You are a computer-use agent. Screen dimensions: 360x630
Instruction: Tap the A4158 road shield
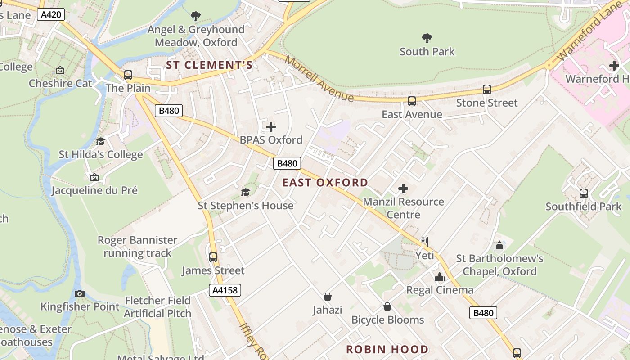pyautogui.click(x=225, y=290)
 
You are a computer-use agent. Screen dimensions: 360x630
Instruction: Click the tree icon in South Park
pyautogui.click(x=427, y=38)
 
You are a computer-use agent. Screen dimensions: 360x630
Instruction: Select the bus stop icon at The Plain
pyautogui.click(x=128, y=75)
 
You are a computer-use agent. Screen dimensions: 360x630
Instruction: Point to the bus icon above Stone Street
pyautogui.click(x=486, y=90)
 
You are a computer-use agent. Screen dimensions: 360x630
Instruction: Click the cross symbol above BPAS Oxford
pyautogui.click(x=271, y=127)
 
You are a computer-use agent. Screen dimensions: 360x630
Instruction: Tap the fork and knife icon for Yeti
pyautogui.click(x=424, y=242)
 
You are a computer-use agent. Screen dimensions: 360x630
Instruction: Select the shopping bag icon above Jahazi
pyautogui.click(x=328, y=297)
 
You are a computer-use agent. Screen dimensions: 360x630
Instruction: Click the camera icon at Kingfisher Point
pyautogui.click(x=80, y=293)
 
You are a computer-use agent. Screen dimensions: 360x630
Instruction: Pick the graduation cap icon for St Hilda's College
pyautogui.click(x=100, y=141)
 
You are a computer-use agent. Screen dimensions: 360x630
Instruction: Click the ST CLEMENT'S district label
pyautogui.click(x=209, y=65)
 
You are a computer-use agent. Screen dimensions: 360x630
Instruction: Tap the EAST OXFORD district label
pyautogui.click(x=325, y=183)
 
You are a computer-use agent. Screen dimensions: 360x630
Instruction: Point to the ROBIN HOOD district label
pyautogui.click(x=387, y=349)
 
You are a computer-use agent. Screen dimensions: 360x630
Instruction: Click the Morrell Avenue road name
pyautogui.click(x=319, y=79)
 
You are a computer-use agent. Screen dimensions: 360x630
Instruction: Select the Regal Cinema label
pyautogui.click(x=440, y=290)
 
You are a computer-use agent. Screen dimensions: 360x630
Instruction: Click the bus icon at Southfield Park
pyautogui.click(x=583, y=193)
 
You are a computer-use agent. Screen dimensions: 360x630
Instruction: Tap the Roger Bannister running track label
pyautogui.click(x=138, y=247)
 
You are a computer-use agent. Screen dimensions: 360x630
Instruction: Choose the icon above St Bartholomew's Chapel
pyautogui.click(x=499, y=245)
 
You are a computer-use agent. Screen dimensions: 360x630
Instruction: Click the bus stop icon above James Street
pyautogui.click(x=213, y=257)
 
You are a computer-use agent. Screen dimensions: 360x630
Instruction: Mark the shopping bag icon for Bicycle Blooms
pyautogui.click(x=387, y=306)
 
